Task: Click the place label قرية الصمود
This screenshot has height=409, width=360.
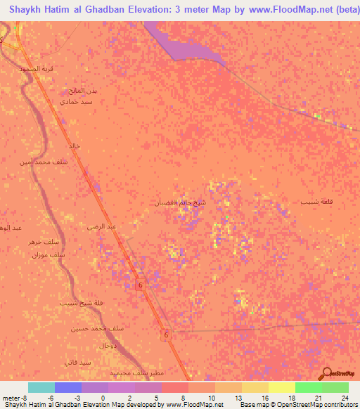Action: click(37, 68)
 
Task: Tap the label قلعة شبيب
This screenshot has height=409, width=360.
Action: click(314, 202)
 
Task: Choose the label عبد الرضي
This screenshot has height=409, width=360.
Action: click(101, 226)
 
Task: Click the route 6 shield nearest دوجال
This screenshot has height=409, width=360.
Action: click(167, 335)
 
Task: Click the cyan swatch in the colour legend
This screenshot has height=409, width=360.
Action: click(41, 387)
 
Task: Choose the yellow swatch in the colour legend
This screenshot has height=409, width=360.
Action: click(281, 387)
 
